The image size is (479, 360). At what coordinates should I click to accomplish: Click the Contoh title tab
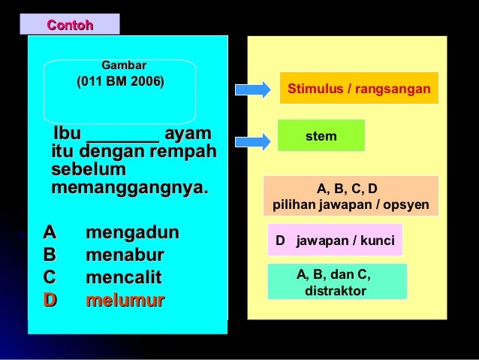(71, 24)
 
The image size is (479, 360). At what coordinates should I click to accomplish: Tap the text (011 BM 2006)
(120, 80)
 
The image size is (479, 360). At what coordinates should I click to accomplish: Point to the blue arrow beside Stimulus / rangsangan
(252, 89)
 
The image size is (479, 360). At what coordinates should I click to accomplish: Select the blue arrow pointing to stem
(252, 140)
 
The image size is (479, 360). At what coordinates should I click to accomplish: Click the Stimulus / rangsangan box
(359, 89)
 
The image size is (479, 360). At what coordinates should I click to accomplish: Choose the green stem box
(321, 136)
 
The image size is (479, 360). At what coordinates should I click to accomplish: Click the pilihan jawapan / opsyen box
(351, 196)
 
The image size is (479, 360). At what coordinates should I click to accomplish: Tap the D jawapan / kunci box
(335, 241)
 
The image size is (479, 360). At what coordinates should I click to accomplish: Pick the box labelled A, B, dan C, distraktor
(337, 282)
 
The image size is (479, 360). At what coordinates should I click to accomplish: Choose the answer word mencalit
(124, 277)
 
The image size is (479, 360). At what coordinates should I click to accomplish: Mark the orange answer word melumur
(125, 301)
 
